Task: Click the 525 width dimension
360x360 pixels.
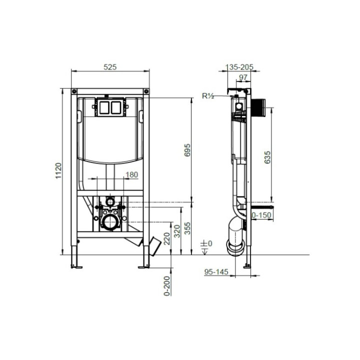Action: point(110,67)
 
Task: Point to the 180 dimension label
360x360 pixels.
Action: point(131,174)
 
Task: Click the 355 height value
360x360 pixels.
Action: point(187,228)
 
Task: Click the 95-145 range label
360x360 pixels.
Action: point(216,272)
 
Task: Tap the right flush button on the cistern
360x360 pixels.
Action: point(117,106)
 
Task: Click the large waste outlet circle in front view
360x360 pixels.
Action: point(110,221)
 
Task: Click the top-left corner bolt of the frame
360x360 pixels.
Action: point(74,91)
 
